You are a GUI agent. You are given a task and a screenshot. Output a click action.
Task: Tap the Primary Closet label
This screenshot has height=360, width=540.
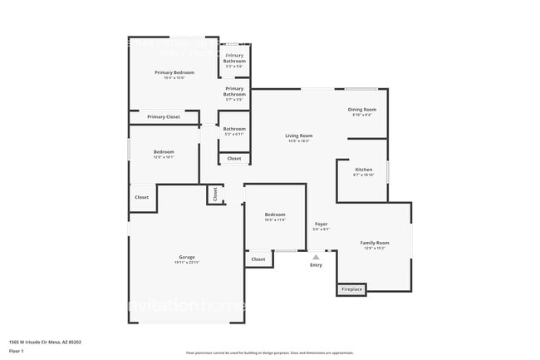pyautogui.click(x=164, y=117)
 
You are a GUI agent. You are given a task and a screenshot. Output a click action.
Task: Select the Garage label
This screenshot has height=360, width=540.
pyautogui.click(x=186, y=258)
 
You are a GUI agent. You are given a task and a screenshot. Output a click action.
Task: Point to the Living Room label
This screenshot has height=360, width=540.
pyautogui.click(x=298, y=136)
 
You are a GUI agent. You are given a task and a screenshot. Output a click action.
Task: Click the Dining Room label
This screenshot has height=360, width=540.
pyautogui.click(x=362, y=110)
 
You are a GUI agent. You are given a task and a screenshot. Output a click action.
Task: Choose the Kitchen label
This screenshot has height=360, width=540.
pyautogui.click(x=363, y=170)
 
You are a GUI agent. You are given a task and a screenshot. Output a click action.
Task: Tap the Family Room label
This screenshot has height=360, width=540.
pyautogui.click(x=375, y=243)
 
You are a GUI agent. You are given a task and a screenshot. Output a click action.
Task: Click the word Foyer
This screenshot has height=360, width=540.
pyautogui.click(x=321, y=224)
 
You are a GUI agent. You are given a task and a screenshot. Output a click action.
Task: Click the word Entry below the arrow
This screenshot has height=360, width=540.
pyautogui.click(x=316, y=265)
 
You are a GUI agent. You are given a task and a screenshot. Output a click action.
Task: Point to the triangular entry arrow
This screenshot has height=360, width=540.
pyautogui.click(x=316, y=257)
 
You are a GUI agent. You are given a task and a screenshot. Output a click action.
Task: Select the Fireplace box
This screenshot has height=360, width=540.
pyautogui.click(x=351, y=289)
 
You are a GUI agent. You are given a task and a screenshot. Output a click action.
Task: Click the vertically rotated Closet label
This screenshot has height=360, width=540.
pyautogui.click(x=215, y=195)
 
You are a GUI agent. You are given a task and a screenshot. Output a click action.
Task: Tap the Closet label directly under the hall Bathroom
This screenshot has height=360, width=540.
pyautogui.click(x=234, y=158)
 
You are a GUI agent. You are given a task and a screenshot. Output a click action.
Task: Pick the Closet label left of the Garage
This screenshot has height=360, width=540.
pyautogui.click(x=141, y=198)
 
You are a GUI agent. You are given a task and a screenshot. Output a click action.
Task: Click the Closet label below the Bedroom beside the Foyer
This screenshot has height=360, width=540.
pyautogui.click(x=258, y=259)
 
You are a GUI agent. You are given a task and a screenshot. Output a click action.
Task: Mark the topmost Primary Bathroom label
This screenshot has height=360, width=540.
pyautogui.click(x=234, y=57)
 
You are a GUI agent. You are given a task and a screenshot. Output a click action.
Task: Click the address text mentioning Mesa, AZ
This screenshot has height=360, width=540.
pyautogui.click(x=45, y=342)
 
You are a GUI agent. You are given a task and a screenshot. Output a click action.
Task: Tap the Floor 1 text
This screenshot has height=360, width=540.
pyautogui.click(x=16, y=352)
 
